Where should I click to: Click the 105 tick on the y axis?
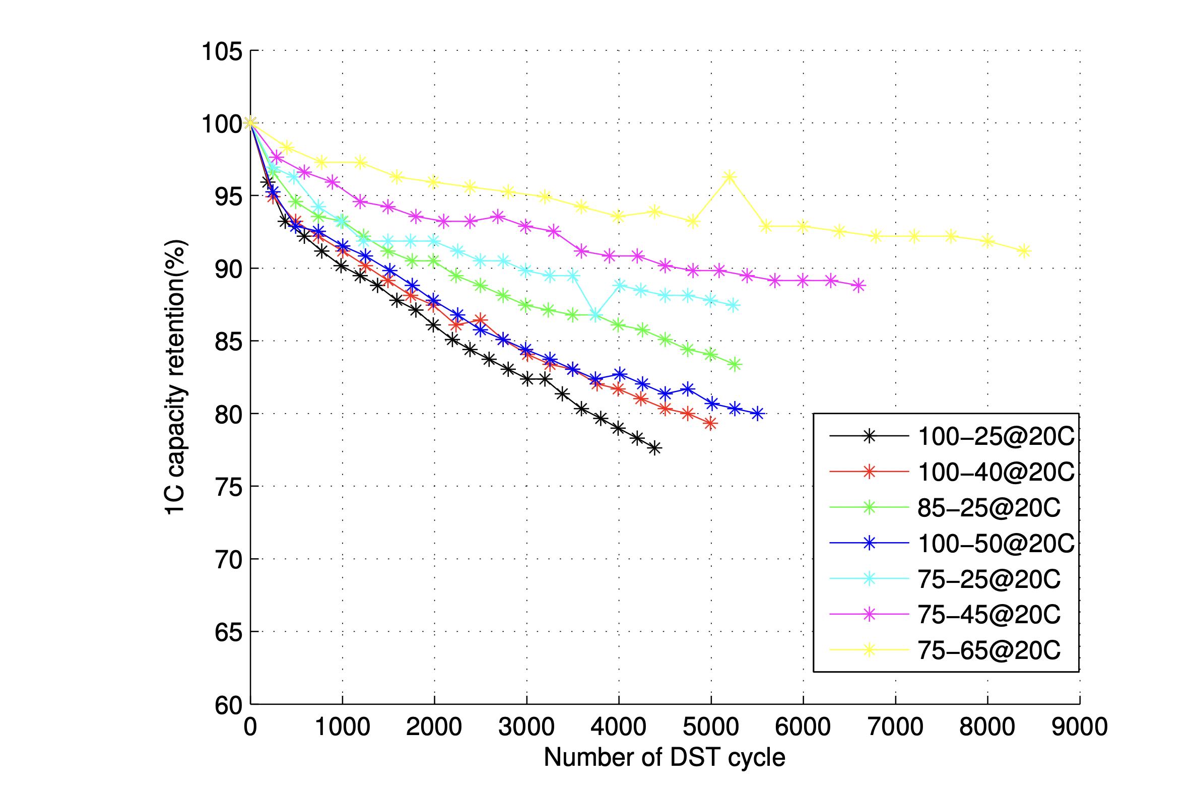pyautogui.click(x=222, y=51)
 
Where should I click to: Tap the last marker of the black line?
pyautogui.click(x=655, y=448)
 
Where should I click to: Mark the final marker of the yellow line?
pyautogui.click(x=1024, y=251)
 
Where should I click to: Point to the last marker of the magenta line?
pyautogui.click(x=858, y=286)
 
